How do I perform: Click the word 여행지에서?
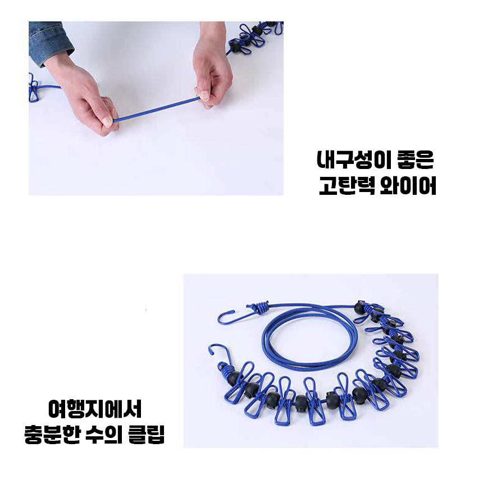(95, 409)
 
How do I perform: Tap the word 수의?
(104, 435)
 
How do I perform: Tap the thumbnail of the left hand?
(108, 122)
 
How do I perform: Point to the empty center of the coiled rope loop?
(309, 342)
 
